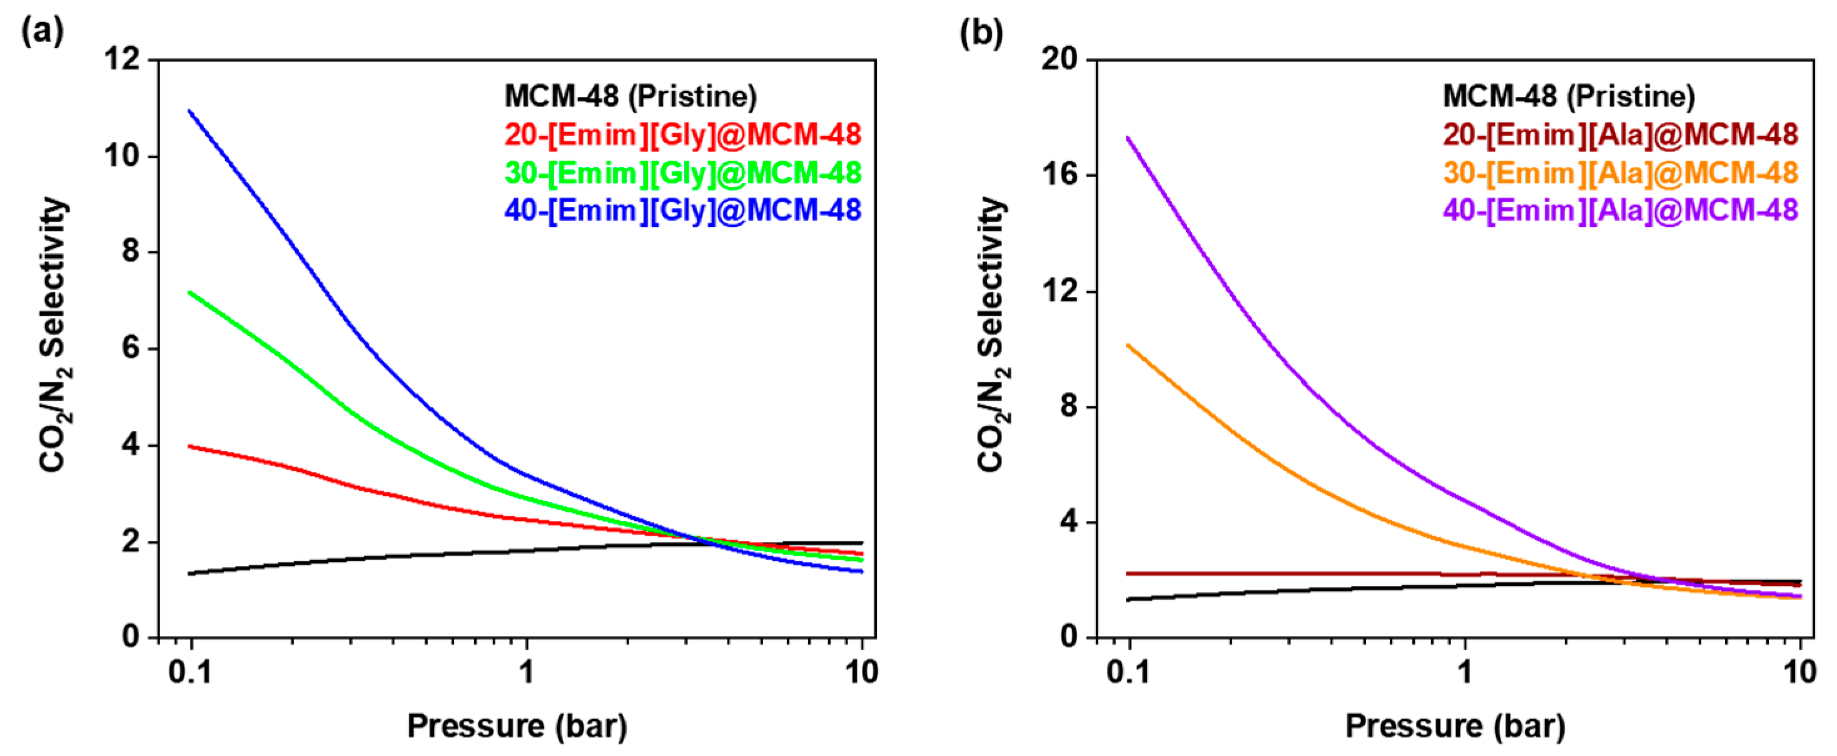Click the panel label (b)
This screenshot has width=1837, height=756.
coord(981,32)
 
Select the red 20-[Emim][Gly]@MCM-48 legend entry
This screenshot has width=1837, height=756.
coord(682,135)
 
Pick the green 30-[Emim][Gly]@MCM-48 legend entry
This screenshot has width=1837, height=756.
coord(682,173)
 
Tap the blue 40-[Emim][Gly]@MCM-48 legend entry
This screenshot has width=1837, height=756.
coord(682,210)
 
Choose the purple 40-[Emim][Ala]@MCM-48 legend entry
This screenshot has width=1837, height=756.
coord(1620,210)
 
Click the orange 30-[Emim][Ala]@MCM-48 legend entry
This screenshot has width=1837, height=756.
coord(1620,173)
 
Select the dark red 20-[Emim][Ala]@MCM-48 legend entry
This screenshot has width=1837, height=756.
coord(1620,135)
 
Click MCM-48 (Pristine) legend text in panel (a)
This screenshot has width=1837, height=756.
coord(630,96)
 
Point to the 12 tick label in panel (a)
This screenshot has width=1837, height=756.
coord(123,59)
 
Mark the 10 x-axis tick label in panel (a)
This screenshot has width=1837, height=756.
coord(861,672)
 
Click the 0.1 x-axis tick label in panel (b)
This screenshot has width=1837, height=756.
coord(1129,672)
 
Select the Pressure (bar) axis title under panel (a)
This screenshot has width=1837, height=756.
coord(517,726)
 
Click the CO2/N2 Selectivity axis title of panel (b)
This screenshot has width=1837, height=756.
coord(992,335)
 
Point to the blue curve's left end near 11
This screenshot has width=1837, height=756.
coord(190,111)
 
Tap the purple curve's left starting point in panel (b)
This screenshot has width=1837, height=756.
coord(1128,137)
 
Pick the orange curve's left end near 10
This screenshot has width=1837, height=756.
coord(1128,345)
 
